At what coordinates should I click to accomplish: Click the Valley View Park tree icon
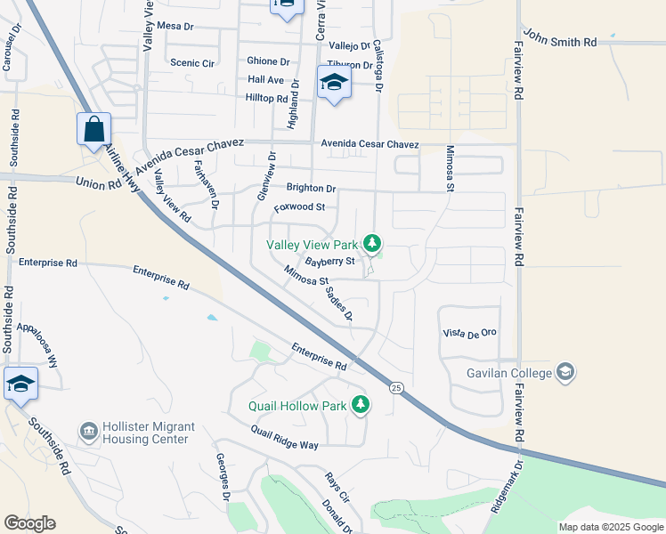(x=372, y=243)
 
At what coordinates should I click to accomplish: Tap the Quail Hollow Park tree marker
(x=361, y=405)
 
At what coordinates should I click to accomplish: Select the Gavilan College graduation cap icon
(x=565, y=372)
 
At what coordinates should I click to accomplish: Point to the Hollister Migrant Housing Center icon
(x=88, y=432)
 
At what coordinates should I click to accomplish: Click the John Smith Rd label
(x=559, y=42)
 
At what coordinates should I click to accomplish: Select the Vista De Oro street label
(x=469, y=333)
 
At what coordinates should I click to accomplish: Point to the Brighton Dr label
(x=311, y=189)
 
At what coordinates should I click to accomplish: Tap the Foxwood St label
(x=299, y=207)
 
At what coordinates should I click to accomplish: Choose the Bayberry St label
(x=329, y=262)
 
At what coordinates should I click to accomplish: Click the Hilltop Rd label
(x=268, y=99)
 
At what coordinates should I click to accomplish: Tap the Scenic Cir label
(x=192, y=63)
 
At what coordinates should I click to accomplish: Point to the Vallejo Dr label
(x=348, y=45)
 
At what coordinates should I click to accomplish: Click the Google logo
(x=29, y=523)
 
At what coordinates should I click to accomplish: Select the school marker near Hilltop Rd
(x=334, y=84)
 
